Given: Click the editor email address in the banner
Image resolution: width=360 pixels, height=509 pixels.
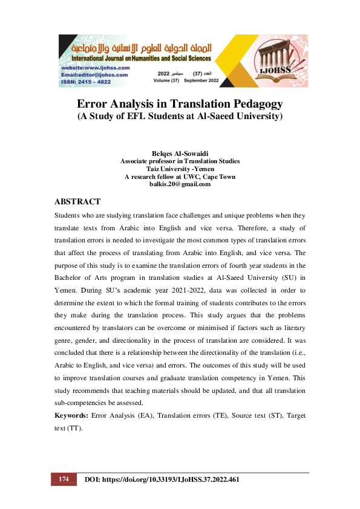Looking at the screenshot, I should [x=91, y=74].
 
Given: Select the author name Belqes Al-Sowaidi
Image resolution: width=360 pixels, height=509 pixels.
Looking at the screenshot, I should [x=180, y=154].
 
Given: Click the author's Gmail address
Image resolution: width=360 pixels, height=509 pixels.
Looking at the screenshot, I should [x=180, y=184].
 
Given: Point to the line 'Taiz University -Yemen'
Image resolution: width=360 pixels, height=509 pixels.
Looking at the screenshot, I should [x=180, y=169].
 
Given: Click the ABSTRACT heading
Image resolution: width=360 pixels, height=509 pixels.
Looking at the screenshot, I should [x=77, y=201].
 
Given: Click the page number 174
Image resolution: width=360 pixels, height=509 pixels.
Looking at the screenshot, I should [x=64, y=479].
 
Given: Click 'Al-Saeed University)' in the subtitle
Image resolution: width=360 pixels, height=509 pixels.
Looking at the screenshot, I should [x=241, y=115].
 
